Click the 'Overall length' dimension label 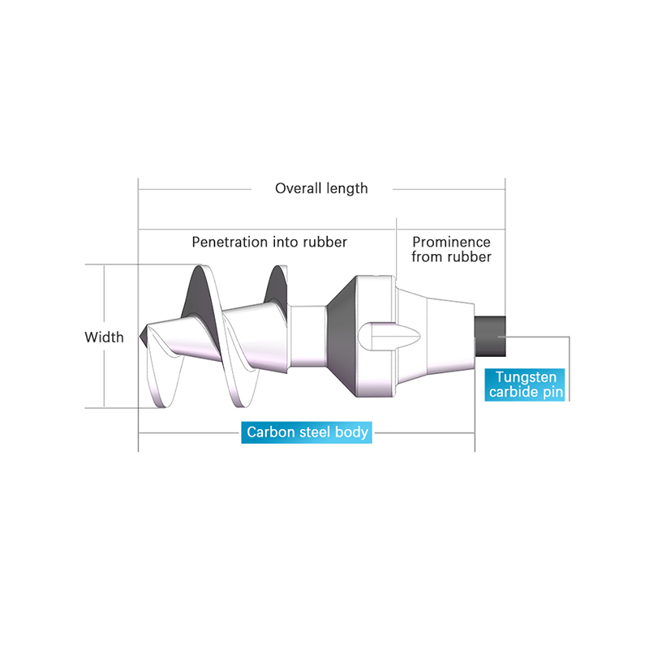click(x=321, y=189)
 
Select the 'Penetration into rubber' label click(x=269, y=242)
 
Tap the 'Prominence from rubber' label click(x=451, y=249)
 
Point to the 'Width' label click(x=104, y=337)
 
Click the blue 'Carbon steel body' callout click(x=307, y=432)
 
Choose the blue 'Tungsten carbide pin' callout click(x=525, y=385)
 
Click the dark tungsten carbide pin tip click(x=490, y=336)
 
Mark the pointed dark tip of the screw click(x=144, y=336)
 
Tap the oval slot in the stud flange click(x=389, y=336)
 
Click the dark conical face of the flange click(x=342, y=336)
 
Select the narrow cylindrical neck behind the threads click(x=308, y=336)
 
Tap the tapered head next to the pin click(x=436, y=336)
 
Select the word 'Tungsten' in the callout click(x=526, y=377)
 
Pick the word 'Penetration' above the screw click(x=230, y=242)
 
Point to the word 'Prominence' click(x=451, y=242)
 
